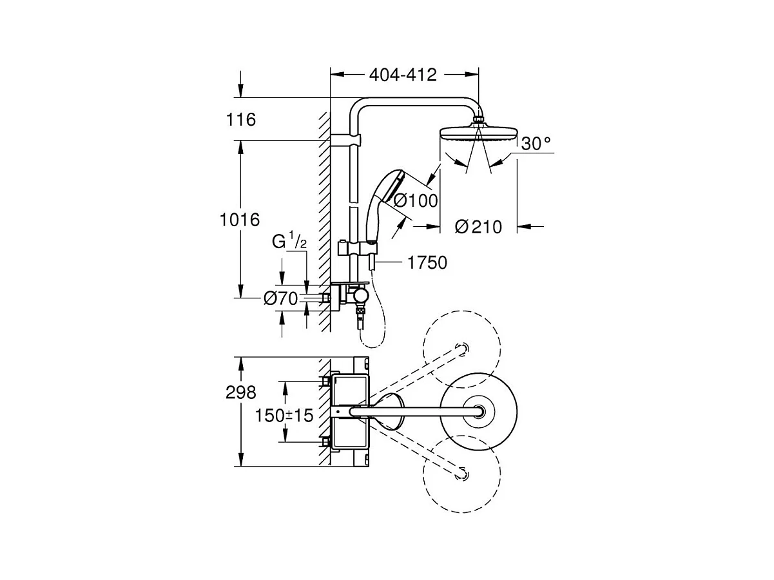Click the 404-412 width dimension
click(403, 75)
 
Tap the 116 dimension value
click(241, 119)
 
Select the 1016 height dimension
click(240, 220)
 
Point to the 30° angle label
click(536, 144)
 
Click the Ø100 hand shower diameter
click(416, 200)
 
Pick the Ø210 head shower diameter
click(478, 227)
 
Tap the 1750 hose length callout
click(427, 263)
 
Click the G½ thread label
click(289, 240)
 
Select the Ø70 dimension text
click(281, 298)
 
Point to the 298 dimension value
click(241, 392)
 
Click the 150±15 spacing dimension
click(284, 415)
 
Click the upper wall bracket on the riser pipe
click(346, 139)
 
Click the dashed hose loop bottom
click(374, 347)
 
